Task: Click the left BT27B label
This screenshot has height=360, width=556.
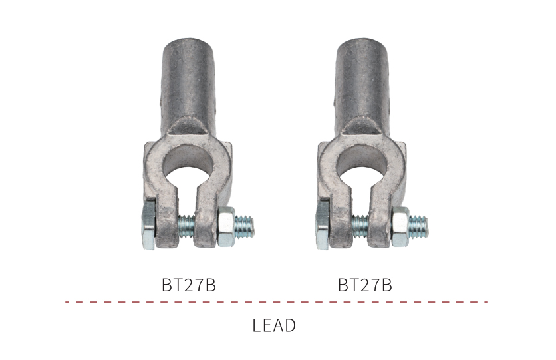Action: pyautogui.click(x=189, y=285)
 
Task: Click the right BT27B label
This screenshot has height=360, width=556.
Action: pyautogui.click(x=365, y=285)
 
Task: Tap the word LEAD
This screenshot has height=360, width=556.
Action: pyautogui.click(x=274, y=325)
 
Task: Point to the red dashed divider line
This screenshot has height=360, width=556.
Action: pyautogui.click(x=277, y=302)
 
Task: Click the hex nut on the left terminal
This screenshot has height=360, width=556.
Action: pyautogui.click(x=226, y=226)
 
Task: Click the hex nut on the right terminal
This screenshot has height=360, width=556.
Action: pyautogui.click(x=400, y=226)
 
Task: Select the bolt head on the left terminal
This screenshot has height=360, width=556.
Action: pyautogui.click(x=148, y=226)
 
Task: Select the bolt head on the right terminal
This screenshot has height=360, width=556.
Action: pyautogui.click(x=323, y=226)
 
